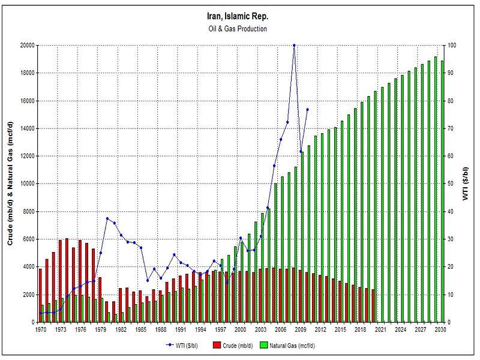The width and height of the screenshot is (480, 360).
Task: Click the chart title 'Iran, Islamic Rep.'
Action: (239, 16)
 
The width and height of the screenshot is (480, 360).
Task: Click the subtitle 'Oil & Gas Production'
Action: (239, 28)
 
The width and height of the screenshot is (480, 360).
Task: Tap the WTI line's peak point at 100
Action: (294, 45)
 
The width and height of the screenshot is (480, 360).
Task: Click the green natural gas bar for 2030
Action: (443, 191)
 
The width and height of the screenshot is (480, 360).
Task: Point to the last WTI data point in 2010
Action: (307, 109)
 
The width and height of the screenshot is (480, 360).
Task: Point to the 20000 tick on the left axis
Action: (26, 45)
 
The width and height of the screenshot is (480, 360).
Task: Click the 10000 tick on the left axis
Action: (26, 184)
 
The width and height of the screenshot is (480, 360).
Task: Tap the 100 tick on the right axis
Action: (453, 45)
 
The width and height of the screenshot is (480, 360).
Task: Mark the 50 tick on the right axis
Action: (452, 184)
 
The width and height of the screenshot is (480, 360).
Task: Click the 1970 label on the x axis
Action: (40, 330)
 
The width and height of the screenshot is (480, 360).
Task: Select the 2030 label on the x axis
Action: (440, 330)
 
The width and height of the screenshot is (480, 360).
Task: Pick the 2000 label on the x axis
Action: (240, 330)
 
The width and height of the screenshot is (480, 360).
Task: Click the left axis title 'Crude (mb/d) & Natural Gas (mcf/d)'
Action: (11, 184)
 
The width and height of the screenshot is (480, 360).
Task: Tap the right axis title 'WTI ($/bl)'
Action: (466, 184)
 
